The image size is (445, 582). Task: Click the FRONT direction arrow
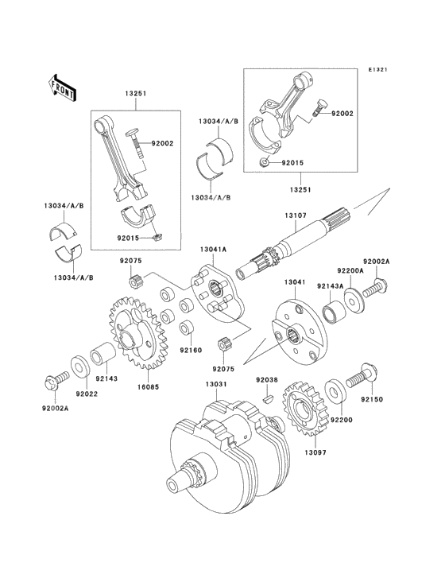click(62, 90)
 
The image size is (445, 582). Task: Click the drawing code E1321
click(377, 69)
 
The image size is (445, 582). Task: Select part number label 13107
click(296, 215)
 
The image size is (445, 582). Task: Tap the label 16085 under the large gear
click(148, 386)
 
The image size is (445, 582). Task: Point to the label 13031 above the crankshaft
click(216, 384)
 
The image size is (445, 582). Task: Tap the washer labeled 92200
click(335, 390)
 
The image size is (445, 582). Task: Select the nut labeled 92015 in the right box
click(264, 162)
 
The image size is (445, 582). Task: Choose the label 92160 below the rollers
click(191, 350)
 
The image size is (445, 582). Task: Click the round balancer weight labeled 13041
click(299, 333)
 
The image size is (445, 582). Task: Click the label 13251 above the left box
click(135, 94)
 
